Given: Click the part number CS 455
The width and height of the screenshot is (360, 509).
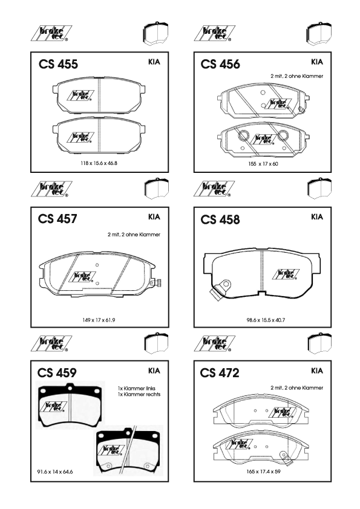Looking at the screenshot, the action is pos(58,64).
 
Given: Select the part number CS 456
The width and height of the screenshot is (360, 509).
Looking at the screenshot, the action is pos(220,64).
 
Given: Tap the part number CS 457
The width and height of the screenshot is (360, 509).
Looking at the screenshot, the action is pos(57,219).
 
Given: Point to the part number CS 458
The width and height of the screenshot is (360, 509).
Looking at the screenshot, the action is pos(220,219).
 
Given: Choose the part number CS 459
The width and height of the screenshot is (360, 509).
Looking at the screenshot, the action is pos(57,372).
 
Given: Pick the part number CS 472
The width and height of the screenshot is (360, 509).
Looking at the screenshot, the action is pos(220,372).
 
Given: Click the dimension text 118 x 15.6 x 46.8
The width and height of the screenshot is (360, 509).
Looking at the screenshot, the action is pos(99,163).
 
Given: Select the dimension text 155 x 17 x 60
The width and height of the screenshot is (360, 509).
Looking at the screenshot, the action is pos(263,164).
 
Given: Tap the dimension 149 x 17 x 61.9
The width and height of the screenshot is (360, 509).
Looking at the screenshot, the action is pos(99,320).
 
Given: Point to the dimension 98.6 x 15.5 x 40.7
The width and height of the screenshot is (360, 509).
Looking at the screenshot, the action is pos(266,320).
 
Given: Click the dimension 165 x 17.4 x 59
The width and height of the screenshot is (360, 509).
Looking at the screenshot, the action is pos(264,472).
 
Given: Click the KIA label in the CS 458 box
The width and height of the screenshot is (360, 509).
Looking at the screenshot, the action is pos(317,217).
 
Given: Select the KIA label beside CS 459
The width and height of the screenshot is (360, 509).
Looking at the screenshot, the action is pos(154,371).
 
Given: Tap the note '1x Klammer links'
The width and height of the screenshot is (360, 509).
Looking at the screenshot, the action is pos(137,388).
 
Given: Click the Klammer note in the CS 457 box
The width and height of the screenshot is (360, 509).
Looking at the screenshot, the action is pos(134,235).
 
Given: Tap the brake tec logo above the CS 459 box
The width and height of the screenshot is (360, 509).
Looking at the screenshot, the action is pos(51,343).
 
